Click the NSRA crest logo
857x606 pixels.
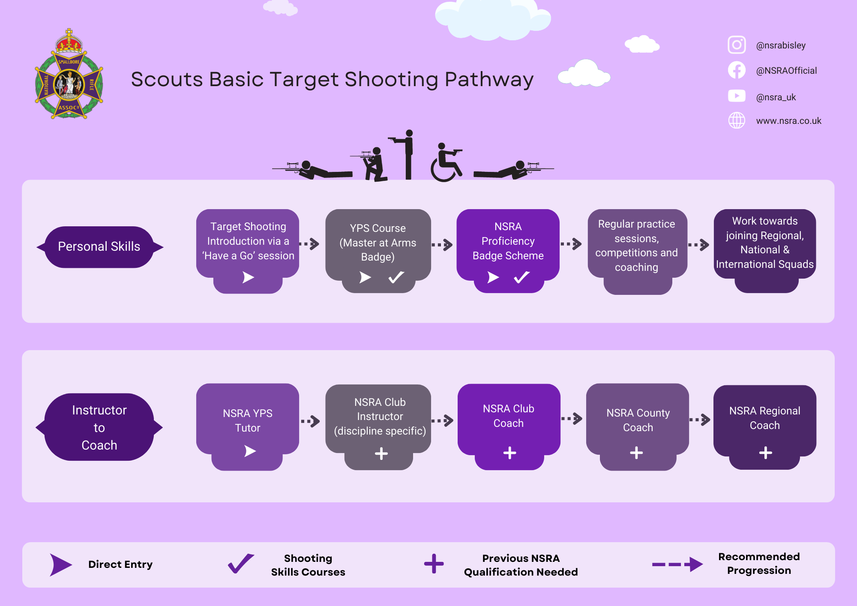click(x=69, y=75)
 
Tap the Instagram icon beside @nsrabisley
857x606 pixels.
click(x=737, y=45)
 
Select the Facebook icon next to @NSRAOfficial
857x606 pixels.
click(x=737, y=70)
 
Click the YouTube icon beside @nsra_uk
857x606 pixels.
click(x=737, y=96)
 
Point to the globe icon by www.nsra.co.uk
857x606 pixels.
click(x=737, y=120)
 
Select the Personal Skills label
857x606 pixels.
click(x=99, y=247)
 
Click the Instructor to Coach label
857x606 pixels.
click(x=99, y=427)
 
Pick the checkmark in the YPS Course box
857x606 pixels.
click(x=396, y=277)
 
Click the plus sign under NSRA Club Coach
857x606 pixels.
click(x=509, y=453)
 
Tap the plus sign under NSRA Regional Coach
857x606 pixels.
click(x=765, y=453)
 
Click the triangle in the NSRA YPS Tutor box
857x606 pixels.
click(x=250, y=451)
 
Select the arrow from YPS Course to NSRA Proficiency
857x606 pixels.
click(x=442, y=245)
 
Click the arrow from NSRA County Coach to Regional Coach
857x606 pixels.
click(x=700, y=420)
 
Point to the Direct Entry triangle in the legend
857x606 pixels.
click(x=60, y=564)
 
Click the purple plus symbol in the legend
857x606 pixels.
click(x=434, y=564)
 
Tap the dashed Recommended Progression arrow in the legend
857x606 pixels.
click(x=677, y=564)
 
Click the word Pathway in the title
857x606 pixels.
click(x=489, y=80)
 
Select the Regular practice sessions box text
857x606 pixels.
click(x=636, y=246)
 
